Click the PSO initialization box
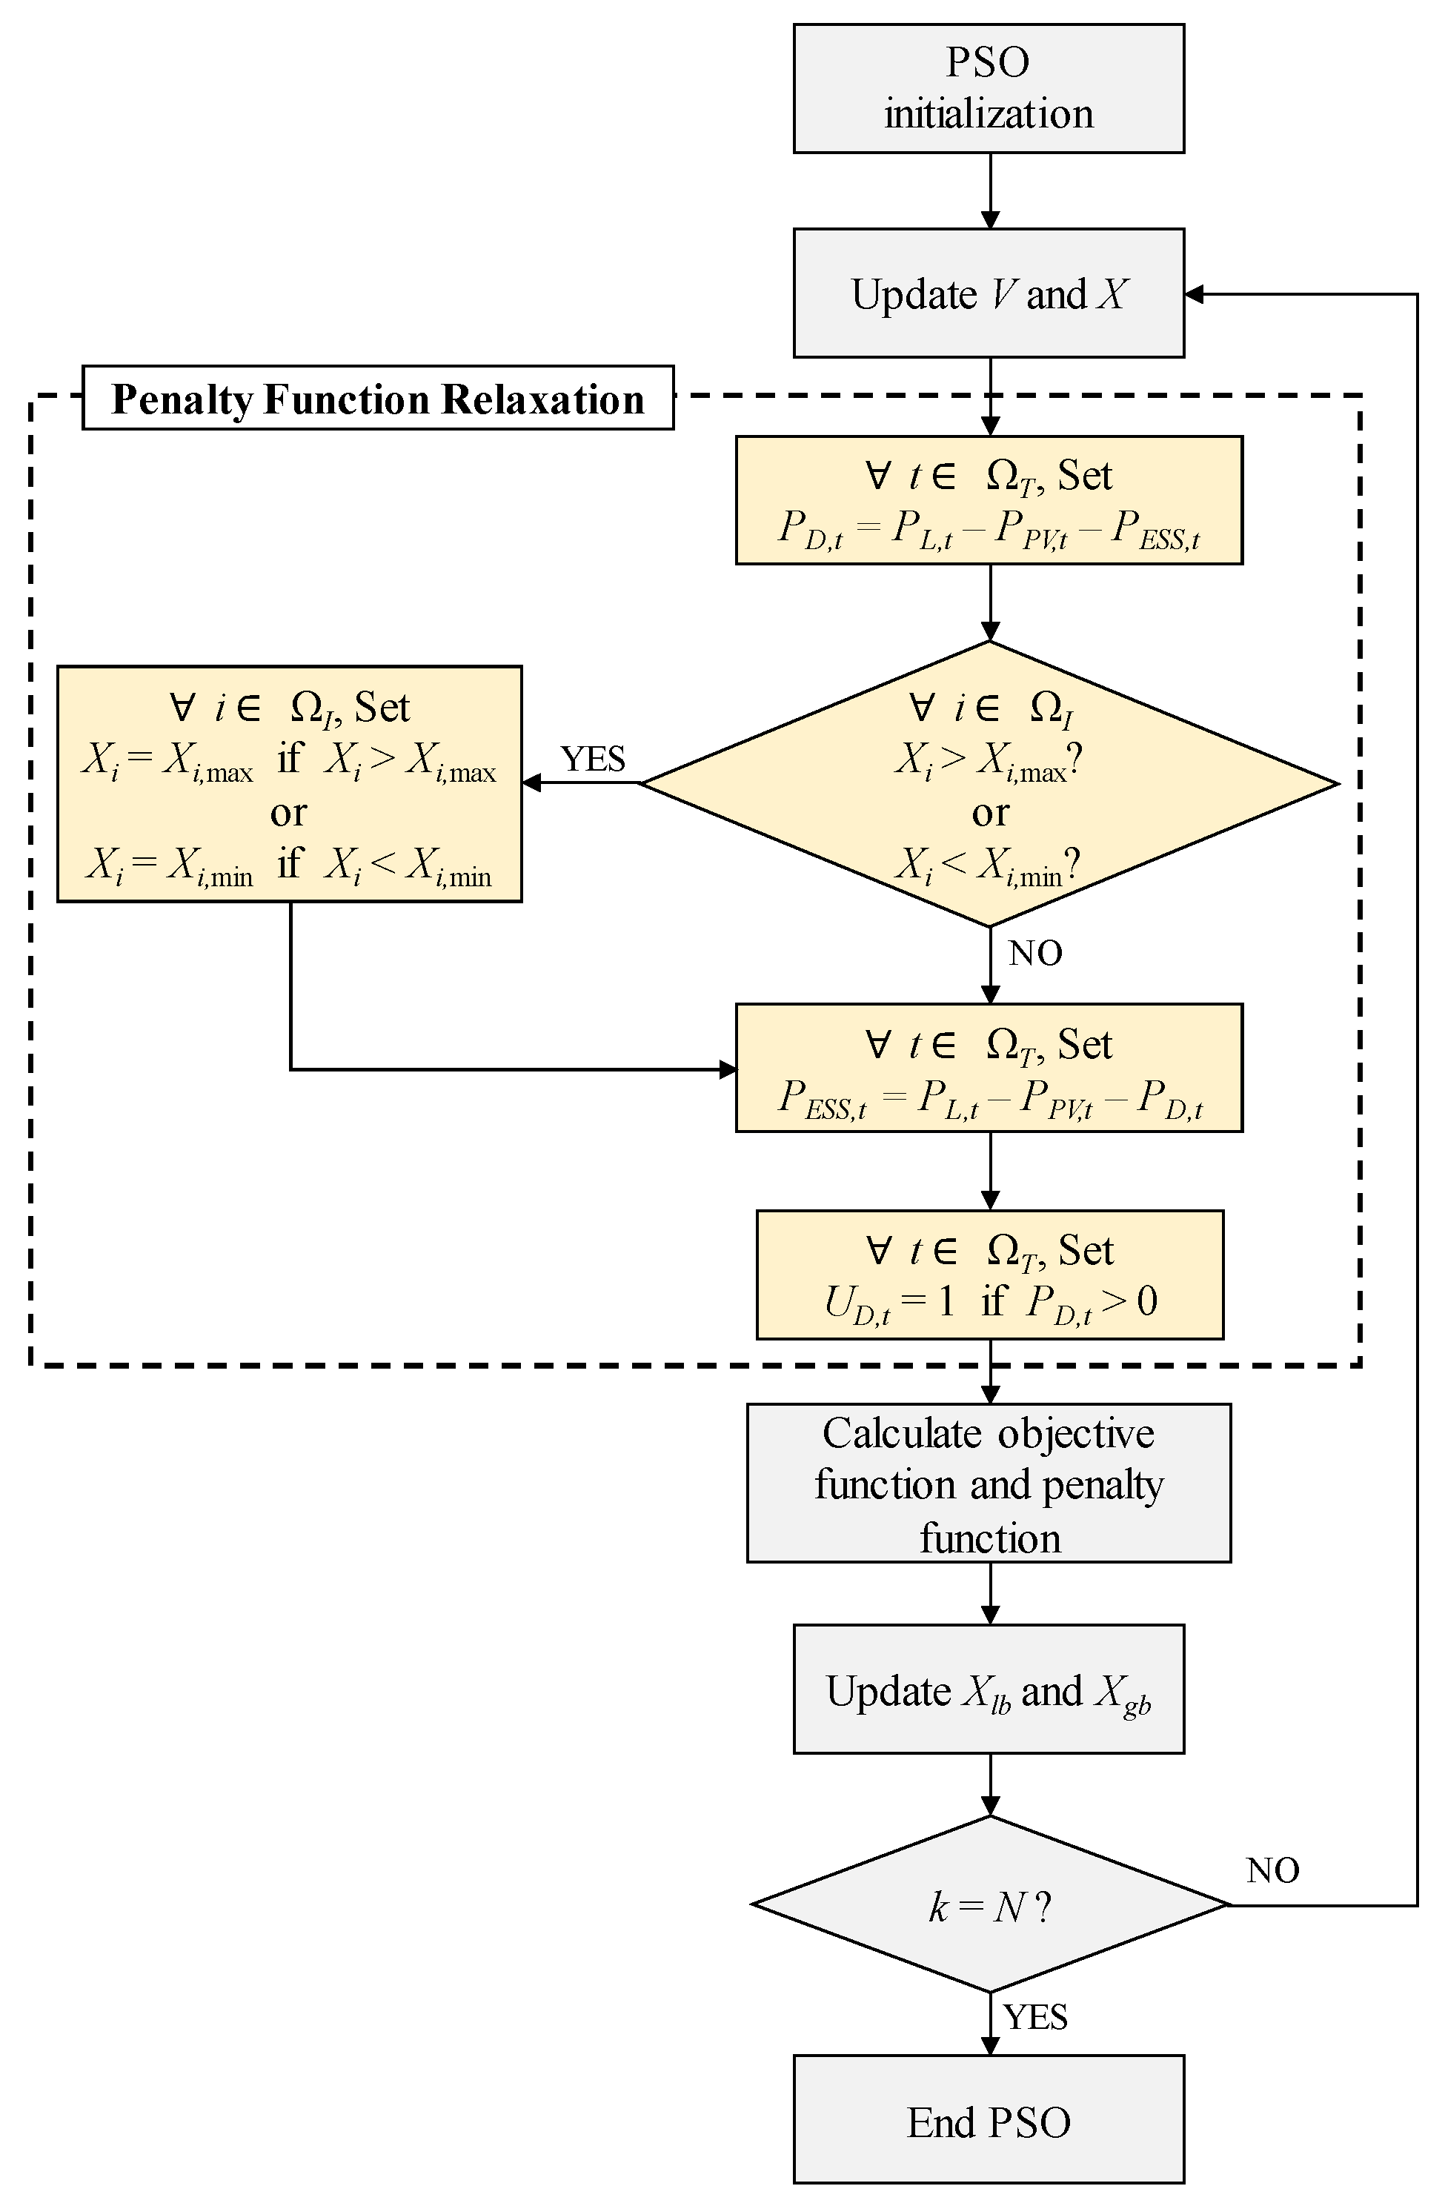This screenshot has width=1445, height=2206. pos(988,88)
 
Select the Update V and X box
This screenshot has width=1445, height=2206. pos(988,293)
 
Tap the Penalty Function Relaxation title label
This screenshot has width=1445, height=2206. pos(377,399)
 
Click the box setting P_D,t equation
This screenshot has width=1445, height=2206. pos(988,500)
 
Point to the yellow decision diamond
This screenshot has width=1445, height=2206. pos(988,784)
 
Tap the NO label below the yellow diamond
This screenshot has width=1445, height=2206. pos(1034,954)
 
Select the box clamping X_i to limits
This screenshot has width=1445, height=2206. pos(289,784)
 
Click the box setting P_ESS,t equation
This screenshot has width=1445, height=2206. pos(988,1068)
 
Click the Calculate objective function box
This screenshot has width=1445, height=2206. pos(988,1484)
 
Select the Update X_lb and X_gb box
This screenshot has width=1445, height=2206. pos(988,1690)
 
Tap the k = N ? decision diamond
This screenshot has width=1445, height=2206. pos(988,1906)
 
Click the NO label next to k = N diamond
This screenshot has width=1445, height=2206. pos(1272,1871)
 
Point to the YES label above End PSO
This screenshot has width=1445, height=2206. pos(1035,2018)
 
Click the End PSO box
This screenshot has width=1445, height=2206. pos(988,2122)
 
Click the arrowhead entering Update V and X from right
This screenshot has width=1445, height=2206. pos(1194,294)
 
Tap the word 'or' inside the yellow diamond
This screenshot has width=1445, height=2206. pos(990,814)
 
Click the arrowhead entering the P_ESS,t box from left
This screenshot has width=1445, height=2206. pos(728,1069)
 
